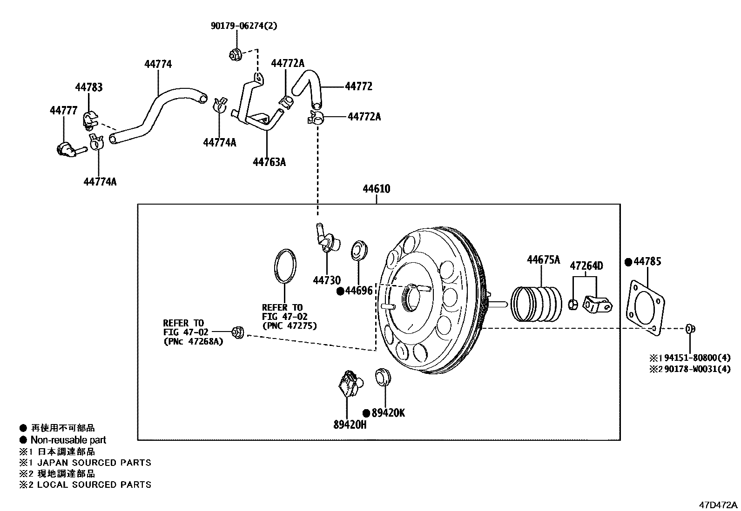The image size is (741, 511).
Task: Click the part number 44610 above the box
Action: coord(376,189)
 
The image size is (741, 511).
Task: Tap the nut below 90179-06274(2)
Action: coord(236,54)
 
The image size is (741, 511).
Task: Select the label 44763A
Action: coord(269,162)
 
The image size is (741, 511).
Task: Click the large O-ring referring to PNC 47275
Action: coord(284,265)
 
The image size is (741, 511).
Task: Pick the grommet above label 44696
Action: coord(359,250)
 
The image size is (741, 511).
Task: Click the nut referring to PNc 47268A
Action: coord(237,332)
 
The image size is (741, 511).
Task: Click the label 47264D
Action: coord(586,266)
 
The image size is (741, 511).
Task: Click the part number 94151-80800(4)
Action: coord(697,358)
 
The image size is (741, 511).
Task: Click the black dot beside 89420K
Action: coord(366,413)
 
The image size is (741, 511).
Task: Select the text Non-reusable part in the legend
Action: coord(68,440)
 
